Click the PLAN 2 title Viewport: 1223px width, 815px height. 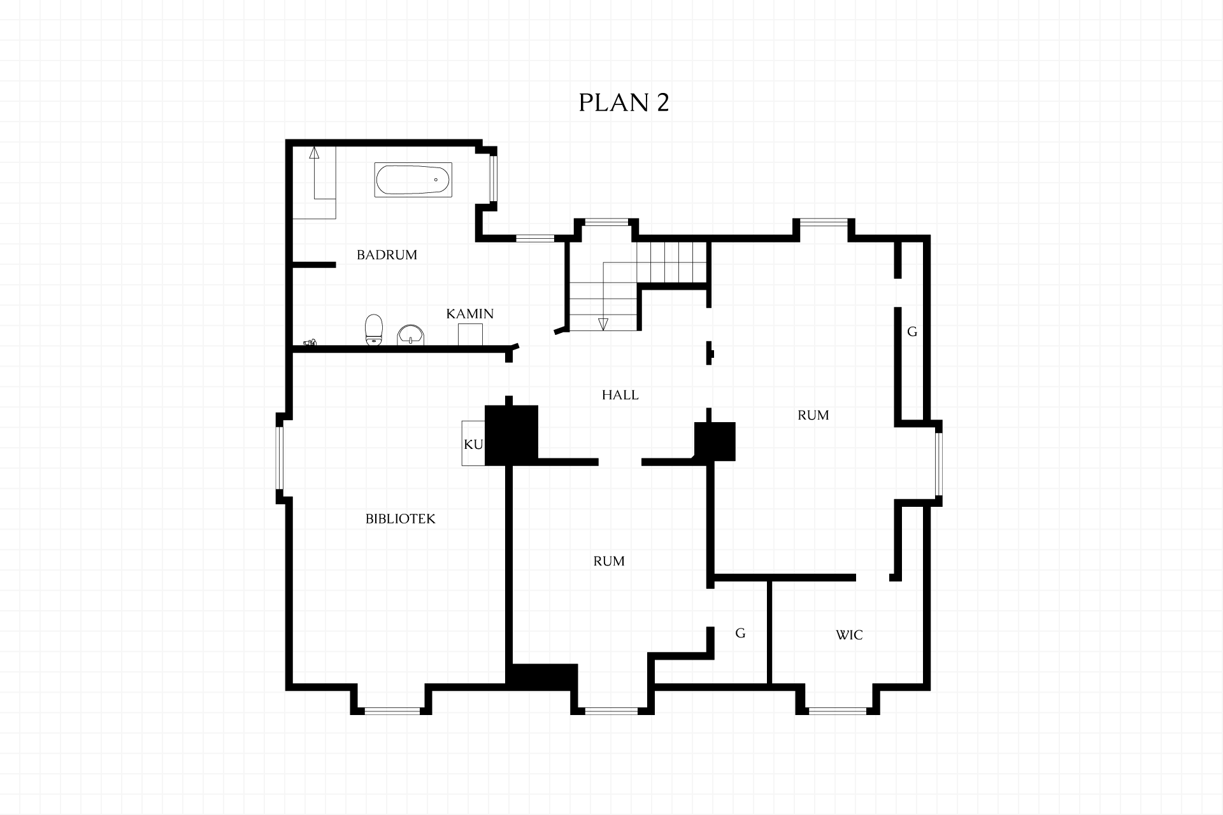click(x=624, y=103)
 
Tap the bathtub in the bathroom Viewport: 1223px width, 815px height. click(x=413, y=180)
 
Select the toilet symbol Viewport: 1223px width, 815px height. click(x=374, y=330)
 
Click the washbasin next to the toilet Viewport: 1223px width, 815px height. click(x=411, y=335)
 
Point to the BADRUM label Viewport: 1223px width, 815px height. click(x=387, y=255)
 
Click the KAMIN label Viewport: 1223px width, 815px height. click(x=470, y=314)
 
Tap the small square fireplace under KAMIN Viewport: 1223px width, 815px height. click(x=470, y=334)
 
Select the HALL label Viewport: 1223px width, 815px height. click(x=620, y=395)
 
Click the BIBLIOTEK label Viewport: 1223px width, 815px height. click(x=401, y=519)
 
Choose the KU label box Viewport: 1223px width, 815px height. click(x=473, y=443)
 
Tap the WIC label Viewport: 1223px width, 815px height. click(x=849, y=635)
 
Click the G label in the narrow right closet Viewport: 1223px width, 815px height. click(x=912, y=332)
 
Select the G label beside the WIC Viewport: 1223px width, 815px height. click(x=740, y=633)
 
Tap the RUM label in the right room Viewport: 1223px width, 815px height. click(x=813, y=415)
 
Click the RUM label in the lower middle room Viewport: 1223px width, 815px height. click(x=609, y=561)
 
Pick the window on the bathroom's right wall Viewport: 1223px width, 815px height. click(x=492, y=178)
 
